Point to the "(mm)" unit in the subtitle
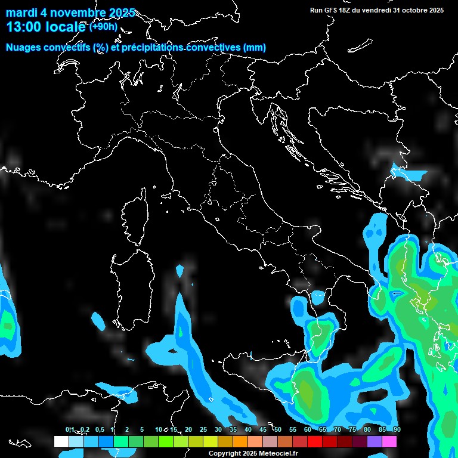coord(254,47)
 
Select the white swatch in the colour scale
coord(61,441)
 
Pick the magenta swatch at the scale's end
coord(389,441)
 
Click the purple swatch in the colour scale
coord(375,441)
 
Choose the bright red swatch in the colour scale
coord(315,441)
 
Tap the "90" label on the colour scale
coord(397,429)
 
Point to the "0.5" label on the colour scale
coord(99,429)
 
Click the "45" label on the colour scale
coord(263,429)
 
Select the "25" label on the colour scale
coord(203,429)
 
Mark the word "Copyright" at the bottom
coord(223,454)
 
